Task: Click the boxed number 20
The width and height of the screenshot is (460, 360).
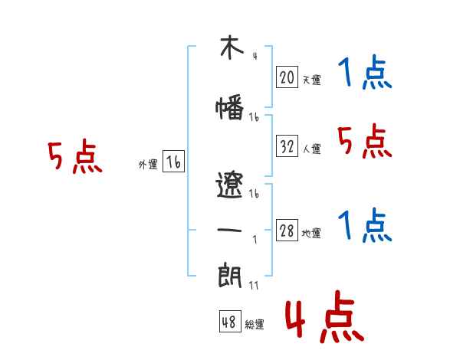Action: [x=287, y=77]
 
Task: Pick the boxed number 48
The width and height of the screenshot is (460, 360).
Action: [x=229, y=323]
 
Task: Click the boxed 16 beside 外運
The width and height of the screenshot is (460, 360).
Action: [x=173, y=162]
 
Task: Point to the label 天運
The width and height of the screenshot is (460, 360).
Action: [x=311, y=80]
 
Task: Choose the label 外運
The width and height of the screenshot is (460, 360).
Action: [x=148, y=165]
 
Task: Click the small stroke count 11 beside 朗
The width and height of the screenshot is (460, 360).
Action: [x=254, y=285]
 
